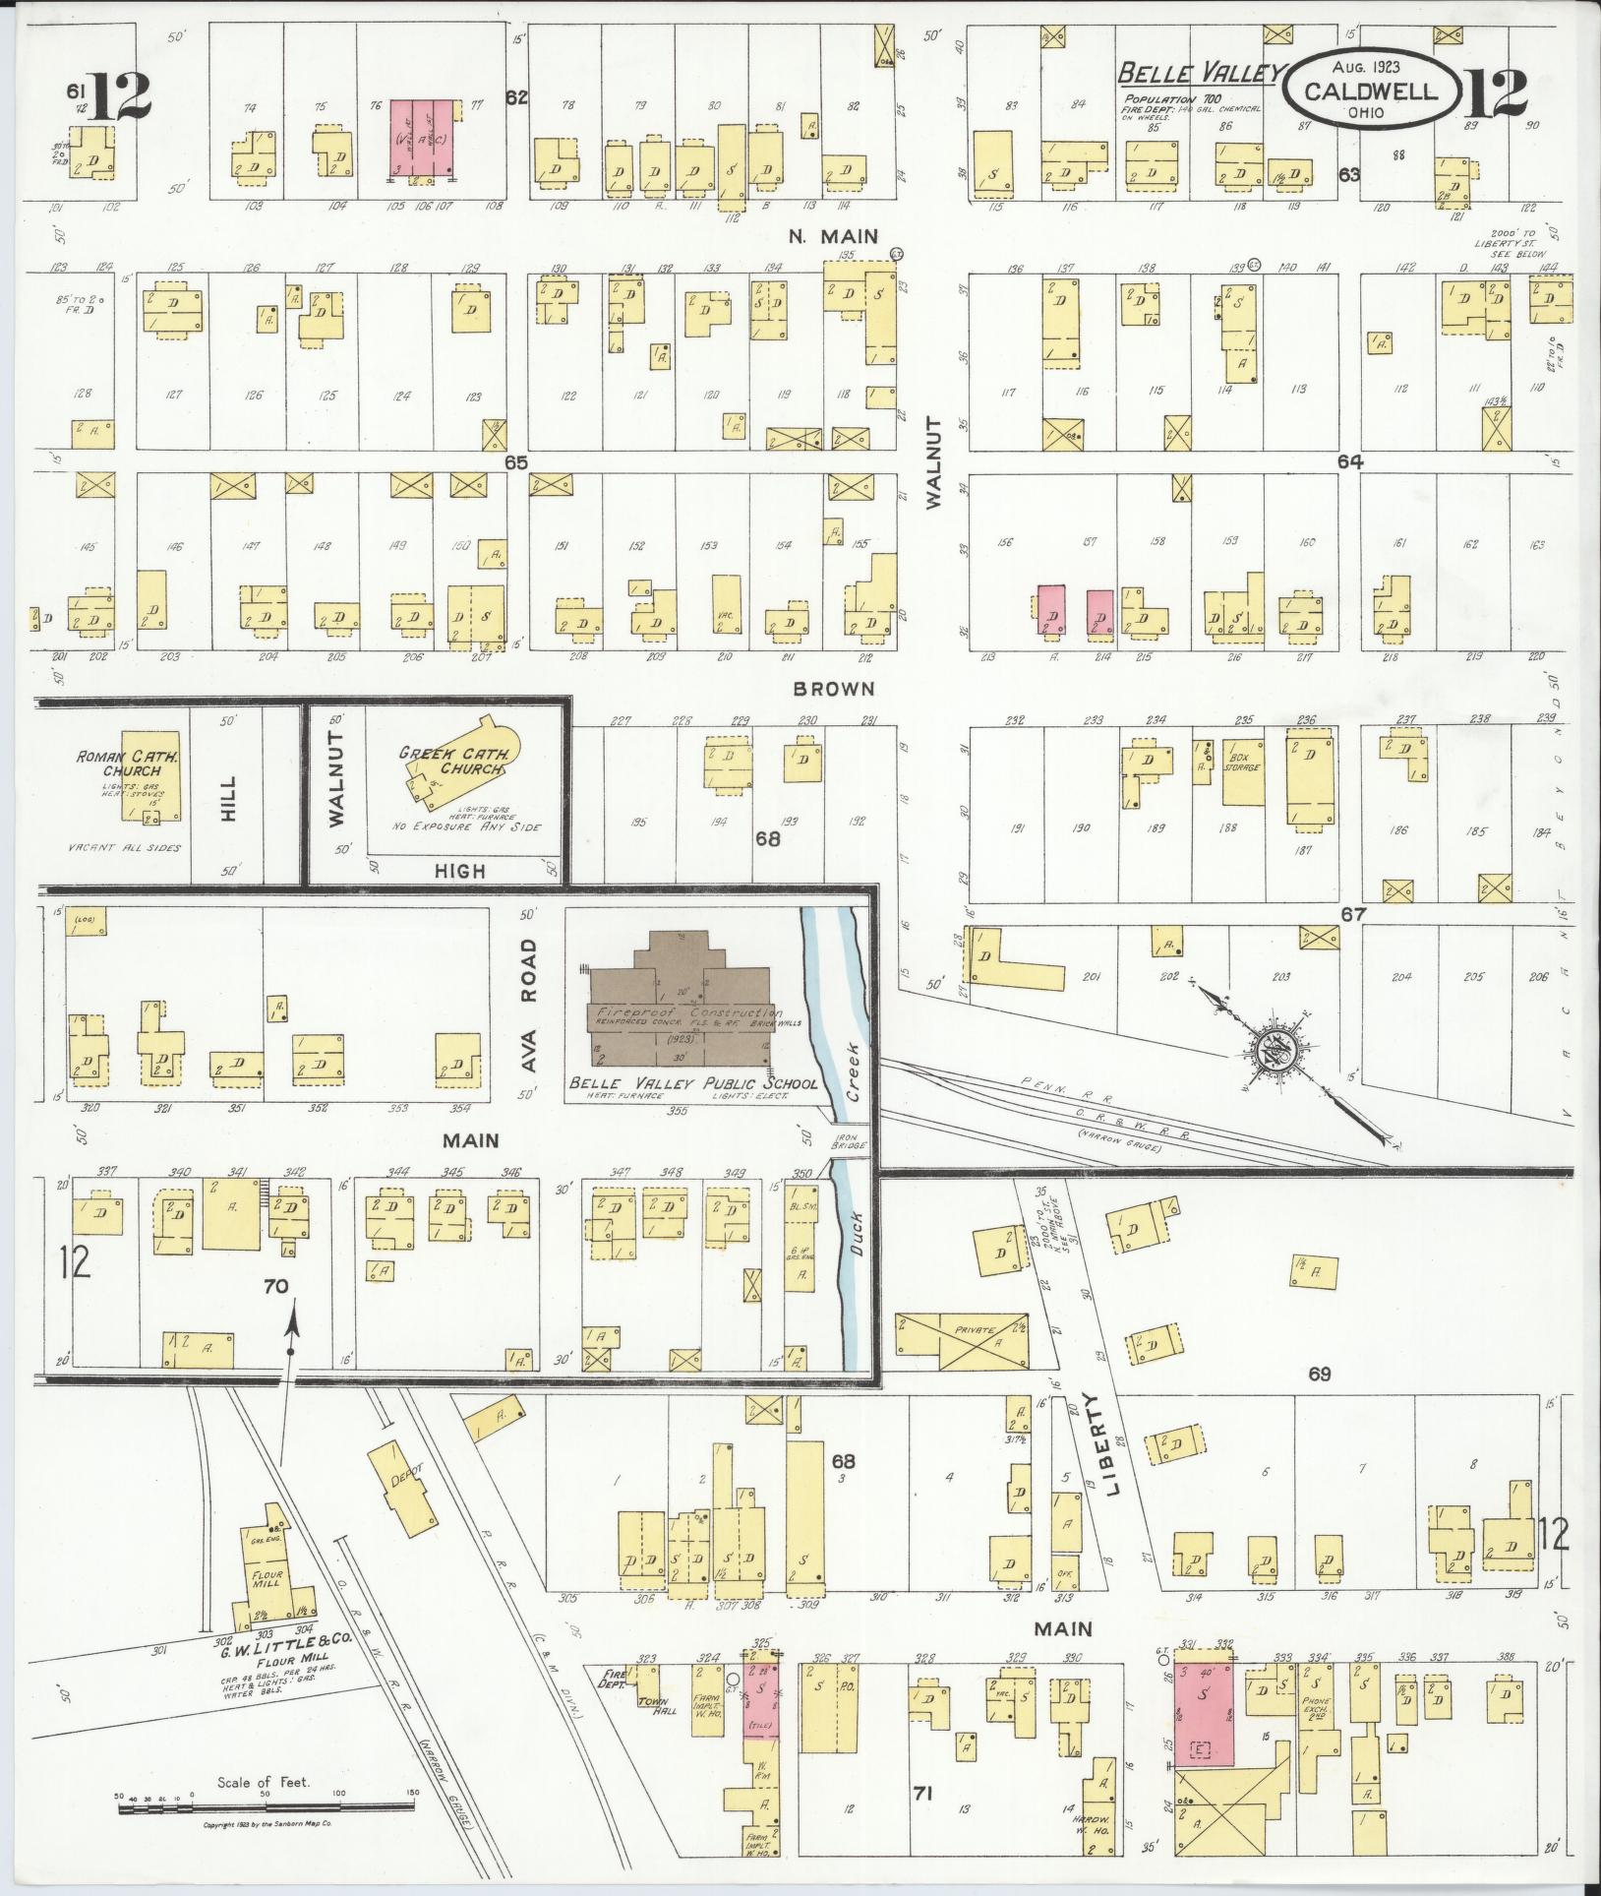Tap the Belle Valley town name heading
pyautogui.click(x=1202, y=73)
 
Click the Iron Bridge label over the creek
pyautogui.click(x=855, y=1140)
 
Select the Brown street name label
pyautogui.click(x=833, y=689)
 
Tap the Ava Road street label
pyautogui.click(x=530, y=1006)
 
